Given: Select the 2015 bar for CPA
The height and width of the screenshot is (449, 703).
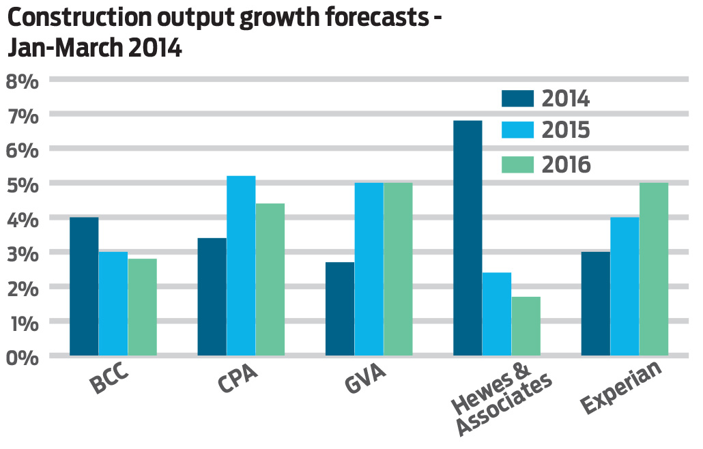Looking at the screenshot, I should point(241,265).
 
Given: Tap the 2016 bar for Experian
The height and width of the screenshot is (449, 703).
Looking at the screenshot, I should point(653,269).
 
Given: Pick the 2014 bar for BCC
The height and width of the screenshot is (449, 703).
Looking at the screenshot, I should point(84,286).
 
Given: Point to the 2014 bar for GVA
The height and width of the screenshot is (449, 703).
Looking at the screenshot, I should point(340,308).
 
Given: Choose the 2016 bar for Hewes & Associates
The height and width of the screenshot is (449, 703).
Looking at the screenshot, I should point(526,325).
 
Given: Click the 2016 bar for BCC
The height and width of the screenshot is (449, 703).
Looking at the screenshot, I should point(142,306).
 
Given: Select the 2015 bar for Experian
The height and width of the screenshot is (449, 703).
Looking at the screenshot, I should point(625,286).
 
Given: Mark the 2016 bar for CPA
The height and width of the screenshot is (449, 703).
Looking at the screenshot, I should point(270,279).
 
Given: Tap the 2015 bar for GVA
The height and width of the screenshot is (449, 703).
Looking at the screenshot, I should point(369,269).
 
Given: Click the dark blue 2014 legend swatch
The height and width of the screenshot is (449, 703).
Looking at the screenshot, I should point(517,98).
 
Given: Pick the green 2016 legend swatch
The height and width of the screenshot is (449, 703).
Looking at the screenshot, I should point(517,164).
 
